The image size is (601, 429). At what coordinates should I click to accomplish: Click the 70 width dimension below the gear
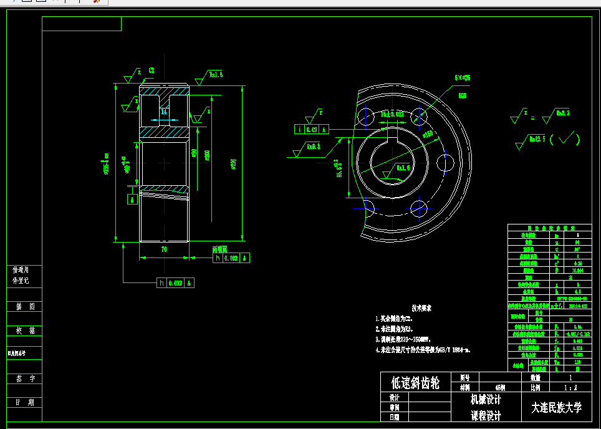(x=164, y=249)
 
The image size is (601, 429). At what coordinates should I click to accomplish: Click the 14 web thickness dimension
(x=164, y=112)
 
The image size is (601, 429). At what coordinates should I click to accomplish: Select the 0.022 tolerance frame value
(x=231, y=258)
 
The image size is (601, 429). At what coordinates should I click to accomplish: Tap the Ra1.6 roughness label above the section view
(x=216, y=74)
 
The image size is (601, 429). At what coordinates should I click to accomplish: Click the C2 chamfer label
(x=151, y=70)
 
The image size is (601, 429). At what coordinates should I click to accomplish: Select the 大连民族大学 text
(x=556, y=408)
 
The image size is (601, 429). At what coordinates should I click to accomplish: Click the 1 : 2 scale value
(x=570, y=387)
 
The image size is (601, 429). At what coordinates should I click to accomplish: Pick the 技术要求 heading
(x=421, y=308)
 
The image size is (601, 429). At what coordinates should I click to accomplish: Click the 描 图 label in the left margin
(x=24, y=307)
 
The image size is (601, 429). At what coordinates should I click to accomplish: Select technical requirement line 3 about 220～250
(x=405, y=339)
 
